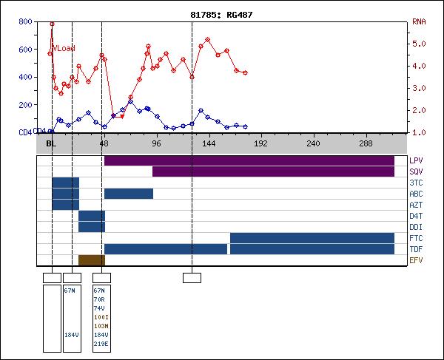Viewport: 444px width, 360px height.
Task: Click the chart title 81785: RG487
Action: click(222, 14)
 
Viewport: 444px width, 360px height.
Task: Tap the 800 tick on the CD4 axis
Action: click(24, 21)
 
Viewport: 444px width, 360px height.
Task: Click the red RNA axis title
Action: click(419, 21)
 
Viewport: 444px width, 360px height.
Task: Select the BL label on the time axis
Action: click(50, 143)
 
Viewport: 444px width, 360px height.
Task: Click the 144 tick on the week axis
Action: click(209, 143)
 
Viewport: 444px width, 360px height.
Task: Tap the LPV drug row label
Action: click(416, 160)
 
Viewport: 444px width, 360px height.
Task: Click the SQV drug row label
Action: click(416, 171)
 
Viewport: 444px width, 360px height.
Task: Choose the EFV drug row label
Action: click(416, 260)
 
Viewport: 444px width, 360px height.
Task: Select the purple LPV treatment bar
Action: click(249, 160)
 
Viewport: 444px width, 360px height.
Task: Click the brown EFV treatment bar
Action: click(92, 260)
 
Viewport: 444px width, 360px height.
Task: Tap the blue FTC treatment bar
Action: click(312, 238)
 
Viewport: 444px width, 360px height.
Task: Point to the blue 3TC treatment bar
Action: click(65, 183)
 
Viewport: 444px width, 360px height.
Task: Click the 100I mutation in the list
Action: click(101, 317)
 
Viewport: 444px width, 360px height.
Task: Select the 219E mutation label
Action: click(101, 344)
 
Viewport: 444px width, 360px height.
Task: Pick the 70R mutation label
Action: click(100, 299)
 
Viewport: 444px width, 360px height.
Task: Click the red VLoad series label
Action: click(62, 49)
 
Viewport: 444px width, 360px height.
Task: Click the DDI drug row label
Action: click(416, 227)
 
